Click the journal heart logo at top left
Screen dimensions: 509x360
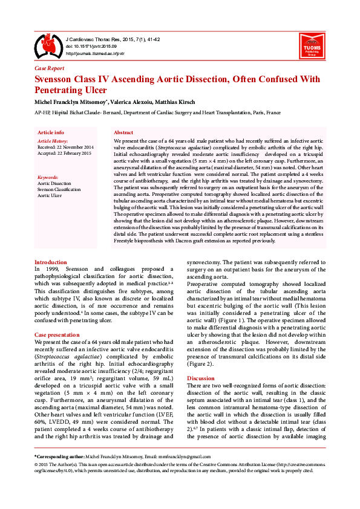pos(47,45)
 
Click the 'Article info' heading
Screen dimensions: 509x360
pos(51,132)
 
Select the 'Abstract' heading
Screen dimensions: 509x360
pos(123,132)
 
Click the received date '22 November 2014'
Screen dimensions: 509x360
pos(74,147)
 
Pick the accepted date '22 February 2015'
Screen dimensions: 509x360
pos(74,153)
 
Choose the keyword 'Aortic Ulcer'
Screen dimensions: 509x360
pos(50,195)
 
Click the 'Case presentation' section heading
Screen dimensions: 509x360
pos(57,334)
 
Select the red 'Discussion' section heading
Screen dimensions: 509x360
pos(201,377)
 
